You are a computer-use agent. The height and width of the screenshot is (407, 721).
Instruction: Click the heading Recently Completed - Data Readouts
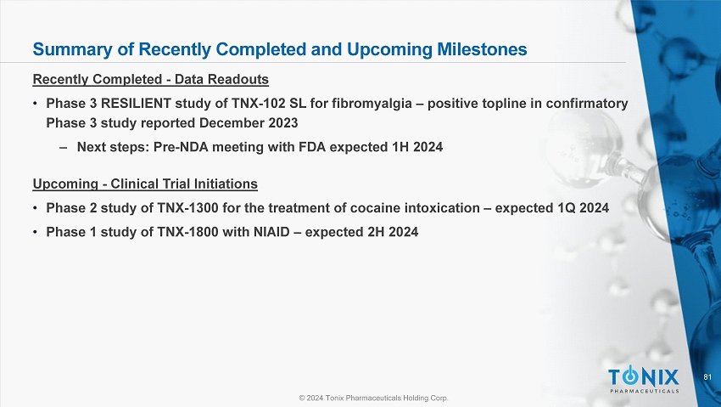click(150, 80)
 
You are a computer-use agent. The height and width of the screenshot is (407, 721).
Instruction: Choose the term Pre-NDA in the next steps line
click(179, 146)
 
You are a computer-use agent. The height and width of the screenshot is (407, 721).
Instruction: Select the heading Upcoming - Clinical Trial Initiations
click(145, 184)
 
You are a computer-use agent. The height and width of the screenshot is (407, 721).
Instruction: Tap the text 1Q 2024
click(579, 207)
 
